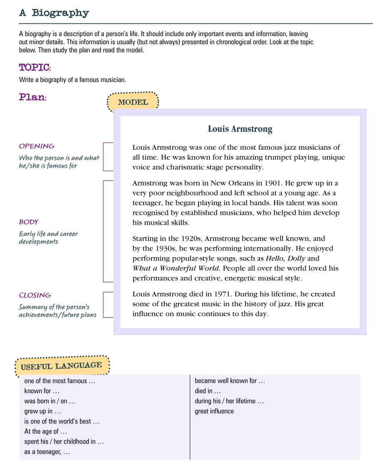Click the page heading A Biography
(x=54, y=13)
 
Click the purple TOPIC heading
(x=35, y=67)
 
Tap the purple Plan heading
(x=32, y=97)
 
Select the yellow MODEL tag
(x=133, y=102)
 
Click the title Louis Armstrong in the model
(x=240, y=129)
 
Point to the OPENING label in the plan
(x=37, y=146)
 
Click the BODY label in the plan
(x=29, y=222)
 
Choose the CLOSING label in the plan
(x=35, y=295)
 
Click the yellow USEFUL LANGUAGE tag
(x=61, y=366)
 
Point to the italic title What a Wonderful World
(x=175, y=268)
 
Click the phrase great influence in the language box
(x=214, y=411)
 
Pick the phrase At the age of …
(x=45, y=431)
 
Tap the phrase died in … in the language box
(x=208, y=391)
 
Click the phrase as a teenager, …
(x=47, y=451)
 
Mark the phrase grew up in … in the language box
(x=42, y=412)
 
